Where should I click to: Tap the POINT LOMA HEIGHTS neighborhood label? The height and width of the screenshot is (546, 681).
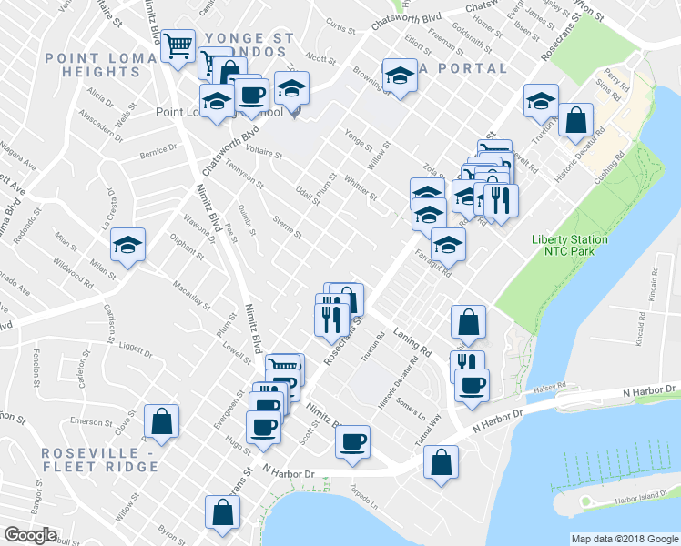(90, 66)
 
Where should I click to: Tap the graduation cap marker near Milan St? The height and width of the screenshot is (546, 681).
(128, 245)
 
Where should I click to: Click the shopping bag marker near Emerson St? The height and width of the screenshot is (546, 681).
(161, 421)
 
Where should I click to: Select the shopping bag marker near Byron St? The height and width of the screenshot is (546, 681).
(222, 513)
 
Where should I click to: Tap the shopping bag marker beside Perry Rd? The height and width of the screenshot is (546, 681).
(576, 120)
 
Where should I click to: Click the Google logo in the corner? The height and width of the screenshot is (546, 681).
(30, 535)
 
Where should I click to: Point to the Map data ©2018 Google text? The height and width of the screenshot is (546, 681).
(624, 539)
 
